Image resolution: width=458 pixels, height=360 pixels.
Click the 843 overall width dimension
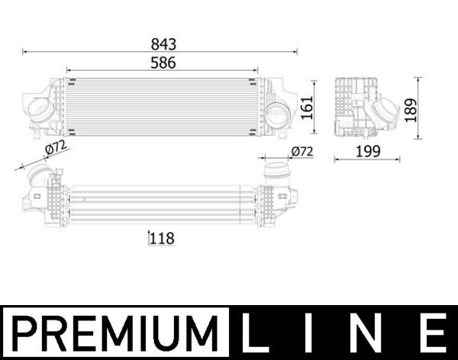(161, 43)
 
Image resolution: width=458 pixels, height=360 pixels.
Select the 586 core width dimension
(161, 63)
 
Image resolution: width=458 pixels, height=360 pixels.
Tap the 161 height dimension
(305, 108)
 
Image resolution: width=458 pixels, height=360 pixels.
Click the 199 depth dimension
(368, 151)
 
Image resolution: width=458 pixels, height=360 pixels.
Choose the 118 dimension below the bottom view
(162, 238)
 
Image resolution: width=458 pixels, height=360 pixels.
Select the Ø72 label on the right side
(302, 152)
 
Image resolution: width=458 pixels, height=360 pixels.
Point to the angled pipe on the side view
(379, 115)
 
